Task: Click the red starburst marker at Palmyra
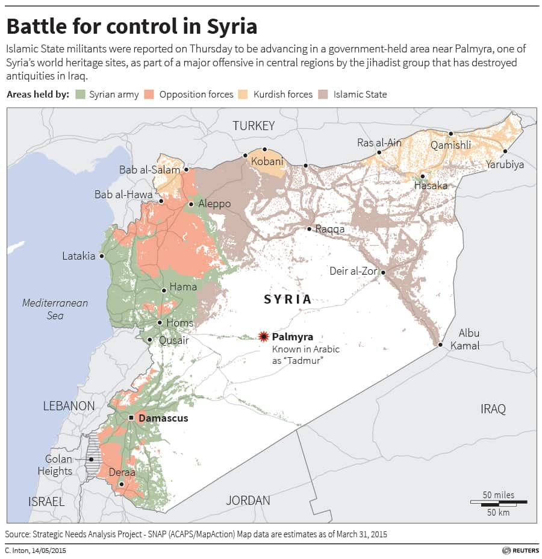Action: [263, 337]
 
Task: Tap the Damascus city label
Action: [163, 418]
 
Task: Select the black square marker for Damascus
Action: [131, 417]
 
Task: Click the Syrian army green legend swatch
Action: [79, 94]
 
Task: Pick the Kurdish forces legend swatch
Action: [243, 94]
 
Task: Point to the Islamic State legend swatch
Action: [323, 94]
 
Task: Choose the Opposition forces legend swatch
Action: [149, 94]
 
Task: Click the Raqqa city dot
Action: [309, 229]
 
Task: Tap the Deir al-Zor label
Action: [354, 271]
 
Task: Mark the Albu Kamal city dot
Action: [441, 345]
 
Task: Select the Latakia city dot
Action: [102, 256]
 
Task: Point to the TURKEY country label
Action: [254, 126]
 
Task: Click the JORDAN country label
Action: [248, 500]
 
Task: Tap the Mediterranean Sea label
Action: [55, 309]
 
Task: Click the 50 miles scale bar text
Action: [499, 495]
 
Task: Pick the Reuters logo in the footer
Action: [519, 550]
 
